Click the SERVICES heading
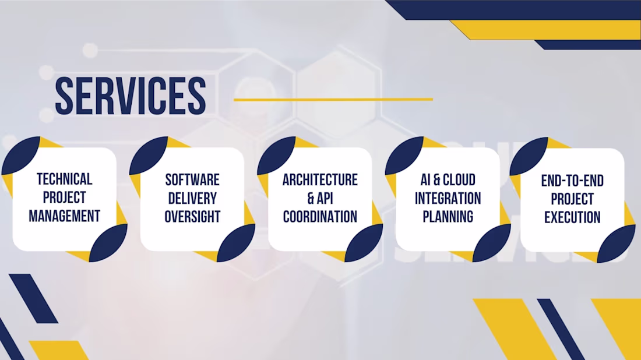point(131,96)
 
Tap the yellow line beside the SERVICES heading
point(333,99)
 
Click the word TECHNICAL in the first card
point(65,179)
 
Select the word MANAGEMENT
point(65,216)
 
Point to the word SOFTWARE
point(192,180)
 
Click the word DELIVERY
point(192,198)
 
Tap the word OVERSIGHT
point(192,217)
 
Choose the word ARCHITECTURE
point(320,180)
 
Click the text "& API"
point(320,198)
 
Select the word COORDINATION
point(320,217)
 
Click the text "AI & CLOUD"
point(448,180)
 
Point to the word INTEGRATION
point(448,198)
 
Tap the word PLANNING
point(448,217)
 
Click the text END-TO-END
point(572,181)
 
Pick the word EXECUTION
point(572,217)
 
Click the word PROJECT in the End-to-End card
point(572,199)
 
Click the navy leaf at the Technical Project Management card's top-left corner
point(20,156)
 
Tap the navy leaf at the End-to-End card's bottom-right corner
point(616,243)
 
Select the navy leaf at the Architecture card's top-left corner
point(276,156)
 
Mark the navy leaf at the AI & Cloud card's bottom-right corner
point(492,243)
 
